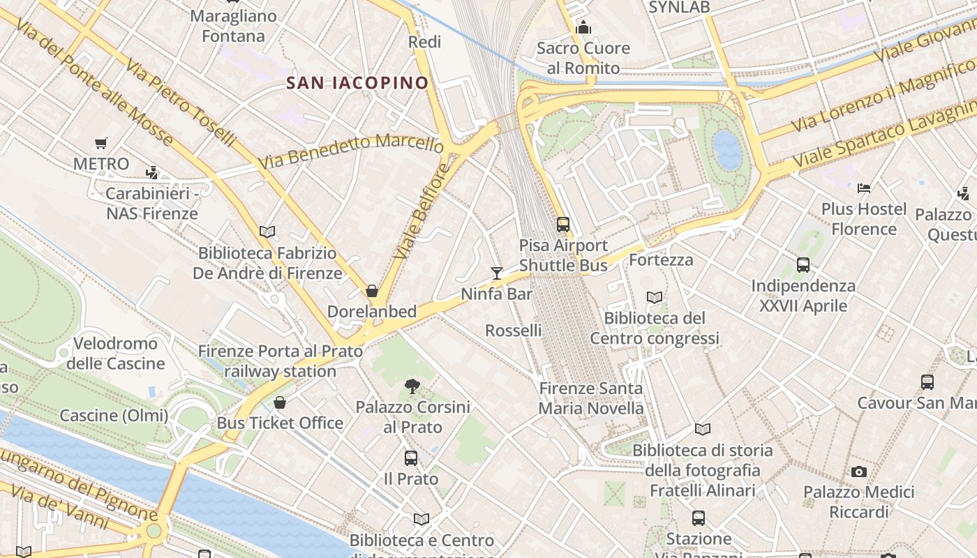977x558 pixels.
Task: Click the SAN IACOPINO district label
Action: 357,83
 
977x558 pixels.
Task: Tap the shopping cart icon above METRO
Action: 101,144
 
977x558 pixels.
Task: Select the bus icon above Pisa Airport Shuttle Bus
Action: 563,225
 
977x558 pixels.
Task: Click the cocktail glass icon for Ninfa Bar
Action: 496,273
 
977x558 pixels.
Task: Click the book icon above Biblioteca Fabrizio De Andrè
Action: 267,232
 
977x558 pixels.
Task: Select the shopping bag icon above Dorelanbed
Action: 372,290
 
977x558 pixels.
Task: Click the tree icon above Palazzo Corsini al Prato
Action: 412,386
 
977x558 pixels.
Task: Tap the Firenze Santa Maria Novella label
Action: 591,398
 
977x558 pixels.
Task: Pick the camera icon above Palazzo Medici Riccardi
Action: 859,472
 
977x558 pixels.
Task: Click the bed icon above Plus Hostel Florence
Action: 864,188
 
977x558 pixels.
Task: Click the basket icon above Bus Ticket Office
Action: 280,402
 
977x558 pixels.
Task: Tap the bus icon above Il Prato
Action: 411,458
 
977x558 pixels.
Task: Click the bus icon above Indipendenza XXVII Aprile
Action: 803,265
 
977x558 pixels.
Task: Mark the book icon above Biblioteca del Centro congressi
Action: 655,297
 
